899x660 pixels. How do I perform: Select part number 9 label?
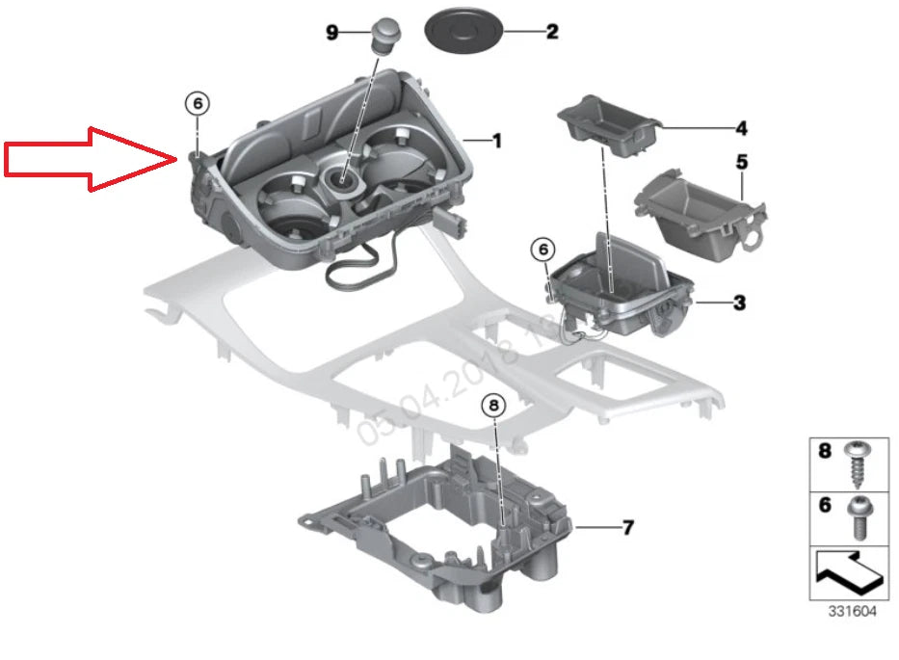pyautogui.click(x=332, y=32)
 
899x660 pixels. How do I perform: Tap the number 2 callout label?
pyautogui.click(x=552, y=32)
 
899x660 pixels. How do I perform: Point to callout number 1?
pyautogui.click(x=497, y=142)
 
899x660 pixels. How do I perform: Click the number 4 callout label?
pyautogui.click(x=741, y=127)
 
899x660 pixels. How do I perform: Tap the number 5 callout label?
pyautogui.click(x=741, y=162)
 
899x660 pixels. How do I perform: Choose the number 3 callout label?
pyautogui.click(x=739, y=304)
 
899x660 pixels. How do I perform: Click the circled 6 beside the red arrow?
pyautogui.click(x=197, y=102)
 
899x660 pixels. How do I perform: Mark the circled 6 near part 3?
pyautogui.click(x=542, y=250)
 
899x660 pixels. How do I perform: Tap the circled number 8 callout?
pyautogui.click(x=493, y=407)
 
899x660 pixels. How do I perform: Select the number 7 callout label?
pyautogui.click(x=627, y=527)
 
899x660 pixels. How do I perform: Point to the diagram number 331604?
pyautogui.click(x=854, y=611)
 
